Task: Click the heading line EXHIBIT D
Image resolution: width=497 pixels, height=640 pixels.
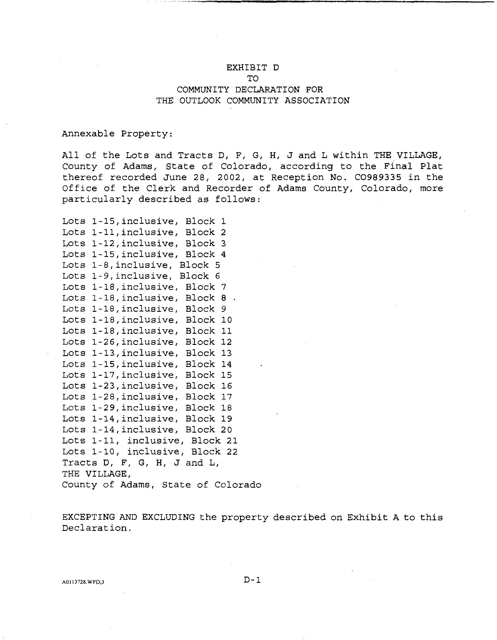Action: point(253,68)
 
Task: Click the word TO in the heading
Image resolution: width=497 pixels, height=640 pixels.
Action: point(253,79)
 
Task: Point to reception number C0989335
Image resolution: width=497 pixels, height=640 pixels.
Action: point(355,177)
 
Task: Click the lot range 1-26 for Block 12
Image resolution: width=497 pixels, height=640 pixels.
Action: point(103,342)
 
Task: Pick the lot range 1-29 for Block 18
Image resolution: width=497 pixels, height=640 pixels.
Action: point(103,408)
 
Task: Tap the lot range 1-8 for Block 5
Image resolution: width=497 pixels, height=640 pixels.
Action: point(101,265)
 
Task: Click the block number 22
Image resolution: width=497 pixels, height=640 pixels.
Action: point(232,452)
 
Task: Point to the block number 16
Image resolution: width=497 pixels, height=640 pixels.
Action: point(227,386)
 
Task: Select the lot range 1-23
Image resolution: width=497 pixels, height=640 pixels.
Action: point(103,386)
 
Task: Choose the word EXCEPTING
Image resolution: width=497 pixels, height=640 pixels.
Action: point(88,517)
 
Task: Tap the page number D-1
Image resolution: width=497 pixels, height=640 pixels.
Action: point(252,580)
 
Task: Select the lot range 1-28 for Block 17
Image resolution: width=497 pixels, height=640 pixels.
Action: point(103,397)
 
